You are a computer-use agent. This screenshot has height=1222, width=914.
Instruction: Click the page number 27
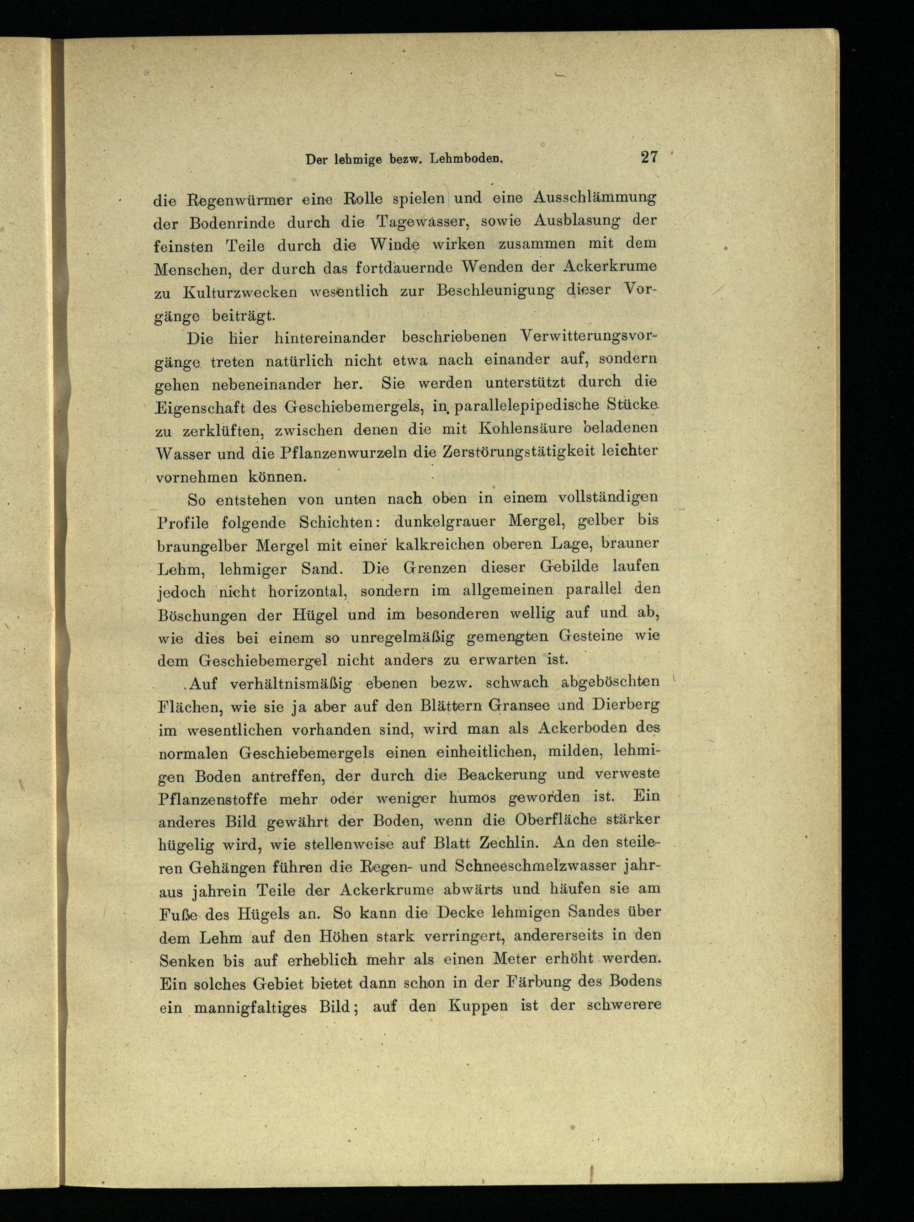(x=649, y=157)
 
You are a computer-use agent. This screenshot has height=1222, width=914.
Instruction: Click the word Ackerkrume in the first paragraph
(x=610, y=266)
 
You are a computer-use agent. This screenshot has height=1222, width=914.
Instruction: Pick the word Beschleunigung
(x=495, y=291)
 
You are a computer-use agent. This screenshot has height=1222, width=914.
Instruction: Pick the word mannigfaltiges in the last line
(x=252, y=1007)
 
